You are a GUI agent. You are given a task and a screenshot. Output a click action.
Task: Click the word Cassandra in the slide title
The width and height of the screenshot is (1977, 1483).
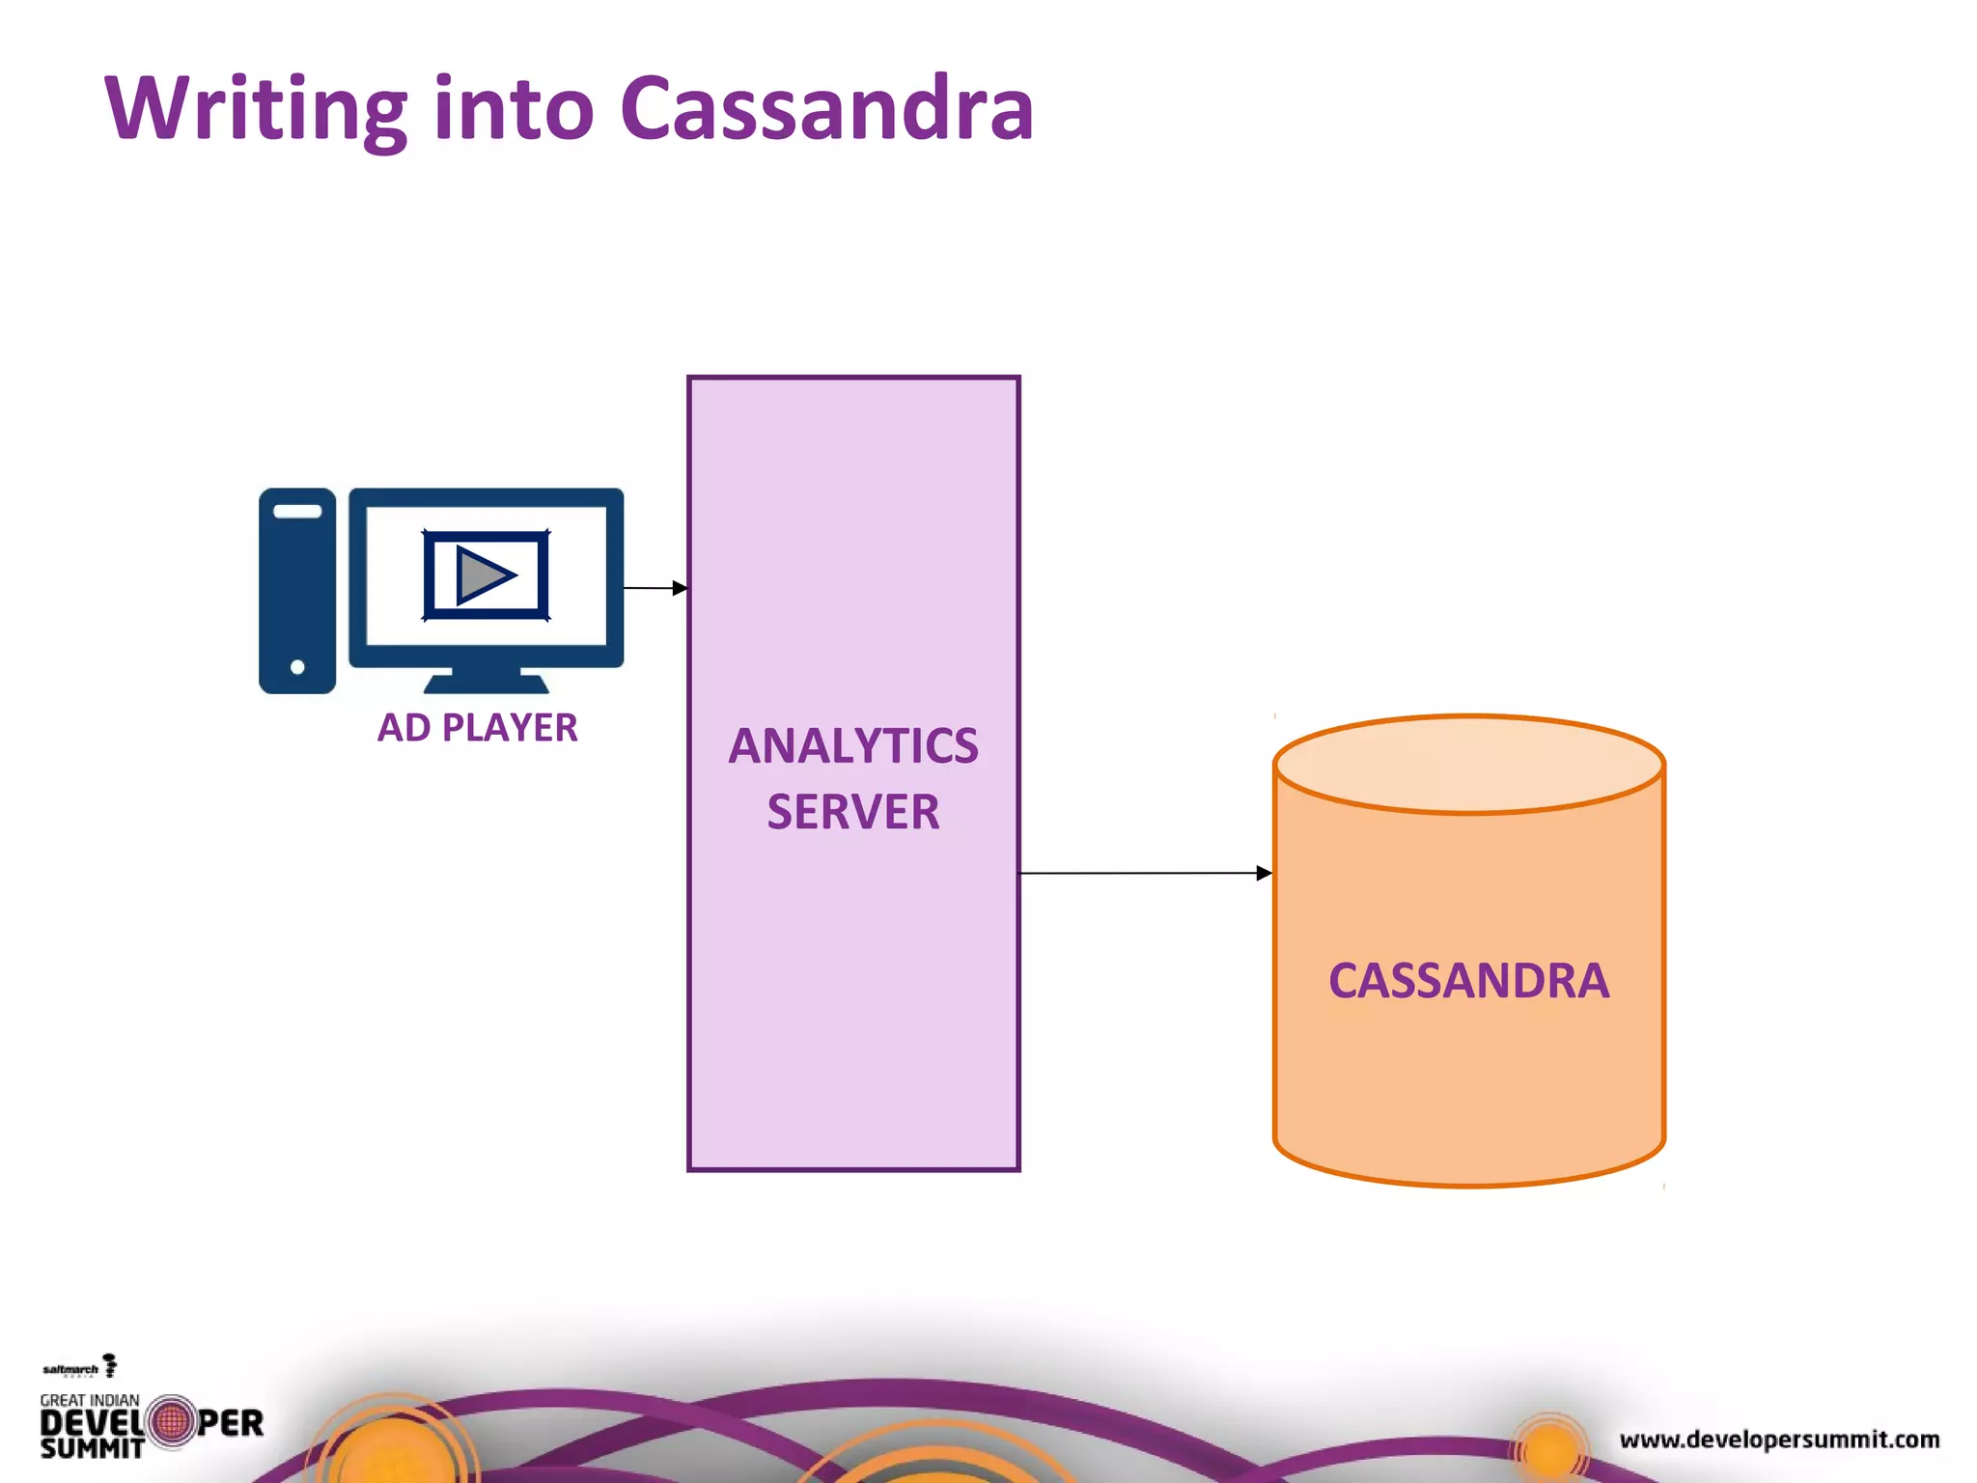(x=826, y=108)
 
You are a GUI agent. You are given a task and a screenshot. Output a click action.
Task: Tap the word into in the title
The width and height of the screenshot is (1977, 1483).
(x=514, y=108)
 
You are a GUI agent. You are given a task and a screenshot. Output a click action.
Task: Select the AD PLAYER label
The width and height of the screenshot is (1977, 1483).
(x=477, y=728)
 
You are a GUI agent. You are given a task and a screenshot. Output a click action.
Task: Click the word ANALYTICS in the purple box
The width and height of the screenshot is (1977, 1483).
(x=853, y=746)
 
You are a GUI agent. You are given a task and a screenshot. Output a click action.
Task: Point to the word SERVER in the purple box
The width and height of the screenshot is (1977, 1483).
(x=853, y=812)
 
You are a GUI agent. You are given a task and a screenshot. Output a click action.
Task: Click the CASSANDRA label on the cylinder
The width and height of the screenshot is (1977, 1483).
(x=1468, y=981)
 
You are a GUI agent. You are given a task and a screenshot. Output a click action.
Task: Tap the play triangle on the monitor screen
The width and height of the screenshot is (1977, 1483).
(x=484, y=575)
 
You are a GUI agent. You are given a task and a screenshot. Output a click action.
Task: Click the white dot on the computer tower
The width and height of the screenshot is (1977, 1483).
(x=297, y=667)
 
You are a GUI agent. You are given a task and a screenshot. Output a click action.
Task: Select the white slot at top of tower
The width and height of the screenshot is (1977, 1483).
(x=297, y=511)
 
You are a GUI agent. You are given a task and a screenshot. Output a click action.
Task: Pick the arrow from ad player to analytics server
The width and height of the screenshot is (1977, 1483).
(x=655, y=587)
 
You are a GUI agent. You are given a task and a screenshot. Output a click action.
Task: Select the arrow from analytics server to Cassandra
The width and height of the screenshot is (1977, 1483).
(x=1145, y=873)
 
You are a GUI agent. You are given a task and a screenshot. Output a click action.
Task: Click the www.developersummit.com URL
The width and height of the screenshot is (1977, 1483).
(x=1779, y=1440)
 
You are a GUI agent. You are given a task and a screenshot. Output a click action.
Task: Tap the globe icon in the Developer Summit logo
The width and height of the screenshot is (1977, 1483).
(x=173, y=1422)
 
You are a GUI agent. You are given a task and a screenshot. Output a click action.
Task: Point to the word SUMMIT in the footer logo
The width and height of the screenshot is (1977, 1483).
(x=92, y=1448)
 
